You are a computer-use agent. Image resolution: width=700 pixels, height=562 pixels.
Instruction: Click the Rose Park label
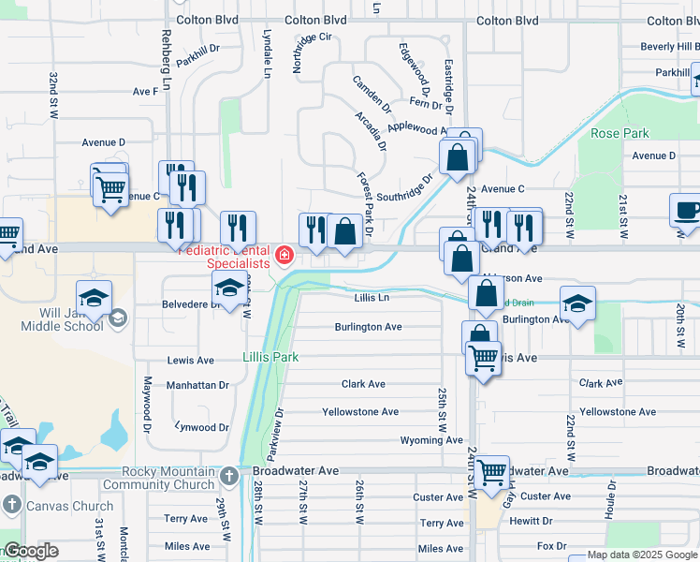click(x=620, y=133)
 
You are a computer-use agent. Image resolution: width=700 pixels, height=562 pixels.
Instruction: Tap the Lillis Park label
click(x=270, y=357)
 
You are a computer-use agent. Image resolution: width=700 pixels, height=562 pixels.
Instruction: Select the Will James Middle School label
click(x=63, y=318)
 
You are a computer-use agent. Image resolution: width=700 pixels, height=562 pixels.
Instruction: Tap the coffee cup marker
click(x=688, y=211)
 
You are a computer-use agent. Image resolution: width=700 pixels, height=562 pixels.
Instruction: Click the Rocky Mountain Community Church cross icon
click(x=229, y=478)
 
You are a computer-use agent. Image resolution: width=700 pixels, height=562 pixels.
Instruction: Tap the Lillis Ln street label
click(x=372, y=297)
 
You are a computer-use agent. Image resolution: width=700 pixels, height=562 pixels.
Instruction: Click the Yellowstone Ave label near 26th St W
click(x=360, y=412)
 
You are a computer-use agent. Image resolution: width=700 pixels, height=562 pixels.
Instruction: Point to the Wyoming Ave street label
click(x=431, y=440)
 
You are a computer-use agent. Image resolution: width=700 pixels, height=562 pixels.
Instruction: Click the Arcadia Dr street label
click(x=371, y=131)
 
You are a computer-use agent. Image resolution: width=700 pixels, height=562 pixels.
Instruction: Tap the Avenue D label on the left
click(x=103, y=142)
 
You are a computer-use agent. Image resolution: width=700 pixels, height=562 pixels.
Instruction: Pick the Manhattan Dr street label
click(x=197, y=385)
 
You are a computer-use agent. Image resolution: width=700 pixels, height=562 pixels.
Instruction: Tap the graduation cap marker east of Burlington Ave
click(x=577, y=303)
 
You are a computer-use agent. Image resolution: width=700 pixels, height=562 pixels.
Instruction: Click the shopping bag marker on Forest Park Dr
click(x=344, y=230)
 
